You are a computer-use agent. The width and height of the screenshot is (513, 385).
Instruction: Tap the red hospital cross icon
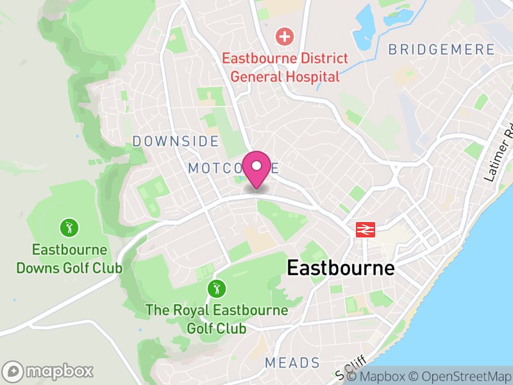point(283,37)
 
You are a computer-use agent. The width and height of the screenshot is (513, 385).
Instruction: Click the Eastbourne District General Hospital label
point(285,67)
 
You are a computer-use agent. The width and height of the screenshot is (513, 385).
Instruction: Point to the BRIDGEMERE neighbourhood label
point(442,49)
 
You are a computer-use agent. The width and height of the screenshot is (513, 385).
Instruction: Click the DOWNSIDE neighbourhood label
point(175,141)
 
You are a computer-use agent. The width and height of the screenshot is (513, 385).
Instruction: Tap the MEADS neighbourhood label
point(292,363)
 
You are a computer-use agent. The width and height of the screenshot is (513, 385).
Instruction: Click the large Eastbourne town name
point(341,268)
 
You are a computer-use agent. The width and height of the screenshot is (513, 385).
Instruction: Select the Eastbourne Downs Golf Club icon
point(69,227)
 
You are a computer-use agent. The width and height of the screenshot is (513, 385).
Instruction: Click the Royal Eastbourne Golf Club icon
point(217,289)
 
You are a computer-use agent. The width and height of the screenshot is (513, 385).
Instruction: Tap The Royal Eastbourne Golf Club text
point(217,320)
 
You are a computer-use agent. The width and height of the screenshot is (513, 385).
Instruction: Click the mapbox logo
point(49,371)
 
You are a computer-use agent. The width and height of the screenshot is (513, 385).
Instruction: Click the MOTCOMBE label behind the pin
point(233,168)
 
